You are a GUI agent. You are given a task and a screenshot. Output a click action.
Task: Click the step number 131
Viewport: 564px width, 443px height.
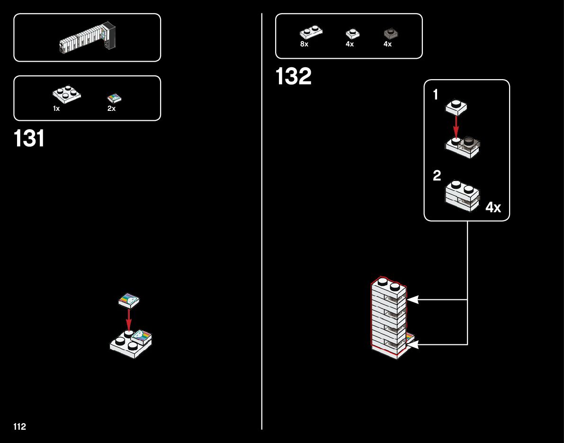coord(29,139)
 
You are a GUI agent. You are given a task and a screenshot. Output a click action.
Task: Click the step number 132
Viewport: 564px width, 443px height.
coord(294,77)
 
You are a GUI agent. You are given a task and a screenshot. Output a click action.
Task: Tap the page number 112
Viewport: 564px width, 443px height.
coord(20,427)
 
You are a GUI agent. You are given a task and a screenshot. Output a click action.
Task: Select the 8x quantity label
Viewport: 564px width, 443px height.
coord(304,44)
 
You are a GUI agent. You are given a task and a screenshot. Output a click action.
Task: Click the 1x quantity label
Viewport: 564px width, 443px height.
coord(56,108)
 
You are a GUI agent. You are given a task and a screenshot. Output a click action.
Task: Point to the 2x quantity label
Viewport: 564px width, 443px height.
coord(112,108)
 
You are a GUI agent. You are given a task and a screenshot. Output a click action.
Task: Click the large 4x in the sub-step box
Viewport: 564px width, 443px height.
coord(493,208)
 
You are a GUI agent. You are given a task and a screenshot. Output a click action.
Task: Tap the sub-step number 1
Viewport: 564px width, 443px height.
coord(436,95)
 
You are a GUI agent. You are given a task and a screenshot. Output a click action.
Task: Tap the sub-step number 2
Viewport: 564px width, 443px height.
coord(437,176)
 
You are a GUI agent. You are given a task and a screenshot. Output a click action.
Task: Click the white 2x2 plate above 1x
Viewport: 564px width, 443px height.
coord(66,94)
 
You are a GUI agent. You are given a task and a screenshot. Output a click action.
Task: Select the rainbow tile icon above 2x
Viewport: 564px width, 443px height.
coord(115,99)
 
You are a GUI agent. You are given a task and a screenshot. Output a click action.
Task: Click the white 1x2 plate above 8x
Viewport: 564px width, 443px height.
coord(311,33)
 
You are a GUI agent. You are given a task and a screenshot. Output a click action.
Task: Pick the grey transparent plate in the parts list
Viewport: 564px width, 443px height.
coord(391,33)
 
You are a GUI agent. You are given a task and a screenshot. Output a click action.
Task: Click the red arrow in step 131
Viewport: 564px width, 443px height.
coord(129,318)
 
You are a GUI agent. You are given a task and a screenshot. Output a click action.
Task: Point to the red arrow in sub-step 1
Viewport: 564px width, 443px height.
coord(456,125)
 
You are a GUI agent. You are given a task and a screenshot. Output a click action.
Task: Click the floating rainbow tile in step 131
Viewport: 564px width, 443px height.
coord(129,299)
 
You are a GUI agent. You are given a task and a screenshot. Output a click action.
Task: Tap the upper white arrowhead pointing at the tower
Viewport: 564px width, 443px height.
coord(412,299)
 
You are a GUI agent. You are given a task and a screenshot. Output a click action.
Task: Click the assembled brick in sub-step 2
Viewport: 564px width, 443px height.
coord(462,195)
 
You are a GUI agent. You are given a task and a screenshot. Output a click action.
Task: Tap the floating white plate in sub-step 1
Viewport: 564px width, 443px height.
coord(456,108)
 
